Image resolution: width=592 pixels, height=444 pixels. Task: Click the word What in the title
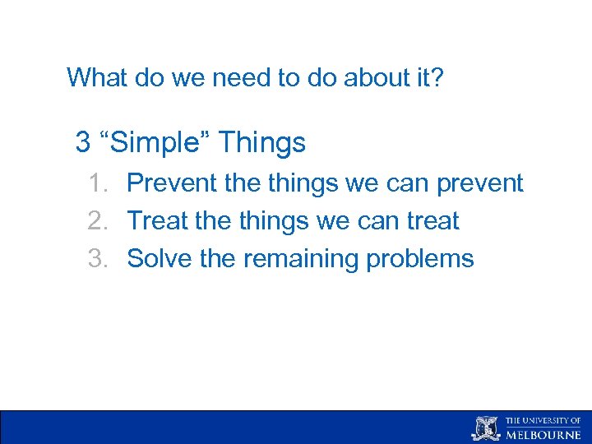(93, 77)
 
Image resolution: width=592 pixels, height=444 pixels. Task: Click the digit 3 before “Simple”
(82, 142)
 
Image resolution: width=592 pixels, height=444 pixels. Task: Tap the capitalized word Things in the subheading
(262, 143)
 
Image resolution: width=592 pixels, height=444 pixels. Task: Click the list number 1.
(99, 183)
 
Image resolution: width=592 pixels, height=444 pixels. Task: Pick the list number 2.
(99, 220)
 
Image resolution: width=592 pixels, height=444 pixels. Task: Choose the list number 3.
(99, 258)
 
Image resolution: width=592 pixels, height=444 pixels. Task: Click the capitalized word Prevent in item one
(173, 183)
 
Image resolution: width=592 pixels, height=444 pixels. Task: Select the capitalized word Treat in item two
(159, 220)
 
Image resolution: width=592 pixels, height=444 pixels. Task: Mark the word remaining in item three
(300, 259)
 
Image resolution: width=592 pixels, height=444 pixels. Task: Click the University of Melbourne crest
(484, 428)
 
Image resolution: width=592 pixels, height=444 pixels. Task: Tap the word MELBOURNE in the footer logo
(543, 434)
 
